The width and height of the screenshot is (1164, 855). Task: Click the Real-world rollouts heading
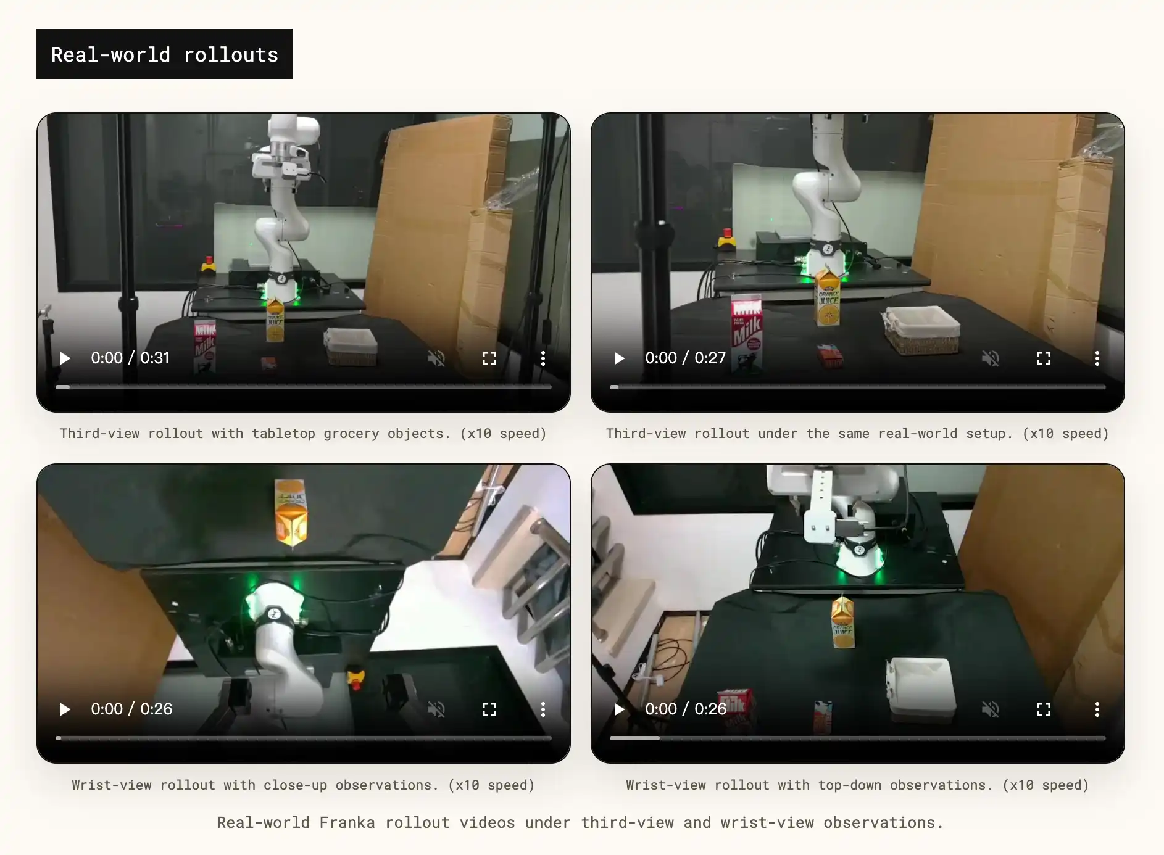(x=165, y=54)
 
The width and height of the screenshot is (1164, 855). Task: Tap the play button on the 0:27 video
(x=619, y=358)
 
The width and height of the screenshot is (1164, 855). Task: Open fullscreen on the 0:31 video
(x=489, y=358)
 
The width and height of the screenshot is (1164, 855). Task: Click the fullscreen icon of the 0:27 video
(x=1044, y=358)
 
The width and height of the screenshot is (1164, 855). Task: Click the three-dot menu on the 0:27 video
(x=1097, y=358)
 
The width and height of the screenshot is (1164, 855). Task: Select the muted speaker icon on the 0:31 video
(x=436, y=358)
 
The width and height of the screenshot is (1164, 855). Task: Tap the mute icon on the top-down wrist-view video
(x=991, y=709)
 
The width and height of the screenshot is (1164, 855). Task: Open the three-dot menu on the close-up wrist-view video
(x=543, y=709)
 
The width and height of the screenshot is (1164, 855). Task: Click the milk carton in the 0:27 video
(x=747, y=333)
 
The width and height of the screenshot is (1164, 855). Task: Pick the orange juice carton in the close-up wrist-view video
(x=291, y=513)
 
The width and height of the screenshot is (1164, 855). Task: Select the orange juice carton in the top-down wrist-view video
(x=843, y=621)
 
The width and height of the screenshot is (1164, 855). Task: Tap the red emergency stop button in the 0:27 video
(x=727, y=238)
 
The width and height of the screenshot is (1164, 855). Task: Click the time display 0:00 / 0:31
(x=130, y=358)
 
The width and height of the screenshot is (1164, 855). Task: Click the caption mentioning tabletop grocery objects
(x=303, y=434)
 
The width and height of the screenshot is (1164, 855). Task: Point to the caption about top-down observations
(x=857, y=785)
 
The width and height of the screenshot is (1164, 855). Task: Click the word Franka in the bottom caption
(x=347, y=823)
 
